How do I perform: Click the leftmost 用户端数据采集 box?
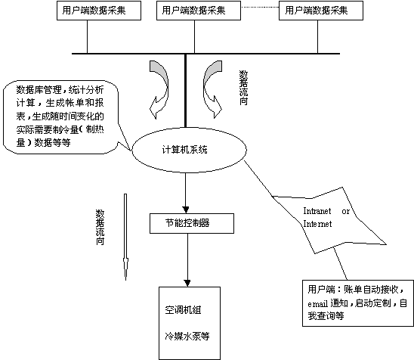[x=99, y=11]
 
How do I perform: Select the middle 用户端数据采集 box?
[x=199, y=11]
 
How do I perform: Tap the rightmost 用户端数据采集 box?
[x=321, y=11]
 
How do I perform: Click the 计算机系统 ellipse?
[x=189, y=151]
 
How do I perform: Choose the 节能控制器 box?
[x=192, y=223]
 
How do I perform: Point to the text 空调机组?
[x=183, y=310]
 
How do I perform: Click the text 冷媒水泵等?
[x=187, y=336]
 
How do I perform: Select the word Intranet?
[x=317, y=211]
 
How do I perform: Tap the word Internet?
[x=317, y=224]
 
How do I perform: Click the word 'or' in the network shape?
[x=345, y=212]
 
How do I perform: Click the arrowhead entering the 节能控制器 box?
[x=186, y=209]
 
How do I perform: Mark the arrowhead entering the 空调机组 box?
[x=187, y=284]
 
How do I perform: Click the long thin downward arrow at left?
[x=125, y=237]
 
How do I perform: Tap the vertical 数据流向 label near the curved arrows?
[x=243, y=88]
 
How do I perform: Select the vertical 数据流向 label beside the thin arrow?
[x=100, y=228]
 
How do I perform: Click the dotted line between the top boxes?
[x=260, y=7]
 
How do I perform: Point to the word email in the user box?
[x=317, y=304]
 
